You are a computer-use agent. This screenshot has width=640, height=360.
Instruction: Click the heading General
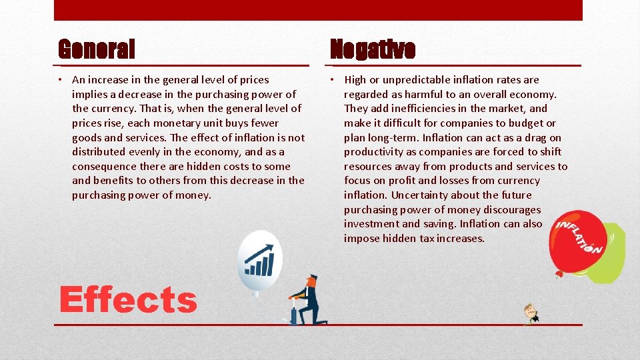click(x=97, y=49)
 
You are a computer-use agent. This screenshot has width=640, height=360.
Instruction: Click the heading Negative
click(x=373, y=49)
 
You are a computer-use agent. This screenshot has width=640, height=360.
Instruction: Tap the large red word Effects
click(x=128, y=299)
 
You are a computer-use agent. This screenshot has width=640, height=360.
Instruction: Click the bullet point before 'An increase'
click(x=60, y=80)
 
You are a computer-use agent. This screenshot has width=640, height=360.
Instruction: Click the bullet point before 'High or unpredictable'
click(x=332, y=80)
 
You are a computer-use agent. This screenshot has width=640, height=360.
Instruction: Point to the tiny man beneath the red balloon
click(x=531, y=314)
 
